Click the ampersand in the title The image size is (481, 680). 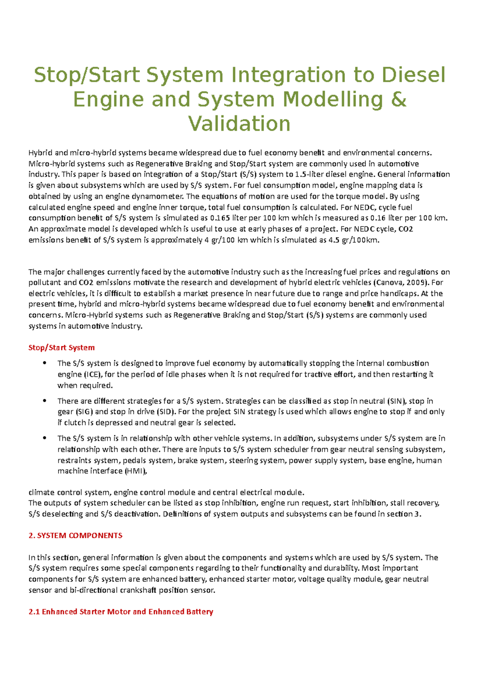pyautogui.click(x=398, y=99)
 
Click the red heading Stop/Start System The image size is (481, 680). pyautogui.click(x=61, y=348)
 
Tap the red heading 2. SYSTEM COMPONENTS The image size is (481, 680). pyautogui.click(x=75, y=535)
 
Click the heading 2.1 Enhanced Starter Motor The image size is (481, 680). pyautogui.click(x=121, y=612)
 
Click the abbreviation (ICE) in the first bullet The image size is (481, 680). pyautogui.click(x=93, y=374)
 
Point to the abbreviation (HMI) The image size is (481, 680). pyautogui.click(x=136, y=471)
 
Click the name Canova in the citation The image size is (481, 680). pyautogui.click(x=387, y=282)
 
